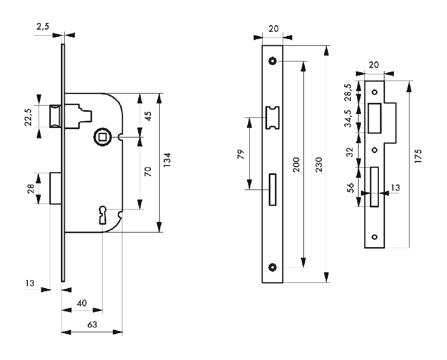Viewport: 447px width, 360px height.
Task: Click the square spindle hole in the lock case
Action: click(101, 136)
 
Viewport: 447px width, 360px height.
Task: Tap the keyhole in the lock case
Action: click(103, 214)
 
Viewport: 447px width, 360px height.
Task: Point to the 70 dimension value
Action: click(148, 172)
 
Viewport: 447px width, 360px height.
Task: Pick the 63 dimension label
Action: click(91, 324)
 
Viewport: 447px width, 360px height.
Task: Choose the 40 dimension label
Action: click(82, 303)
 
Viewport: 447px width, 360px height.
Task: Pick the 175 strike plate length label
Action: click(418, 156)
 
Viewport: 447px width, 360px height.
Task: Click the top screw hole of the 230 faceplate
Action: click(272, 60)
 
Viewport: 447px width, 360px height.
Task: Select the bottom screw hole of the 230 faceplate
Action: click(272, 267)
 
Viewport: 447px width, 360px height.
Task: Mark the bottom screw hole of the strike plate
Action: click(375, 236)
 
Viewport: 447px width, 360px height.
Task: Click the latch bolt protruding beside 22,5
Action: click(55, 116)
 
